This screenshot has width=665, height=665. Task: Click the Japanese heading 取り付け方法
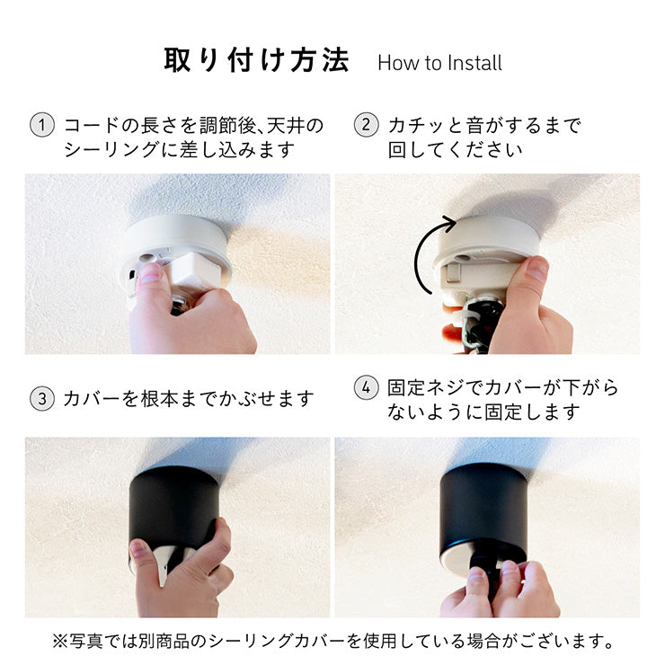(257, 60)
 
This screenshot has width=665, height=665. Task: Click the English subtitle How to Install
(439, 63)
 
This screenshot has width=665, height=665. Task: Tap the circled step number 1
(42, 125)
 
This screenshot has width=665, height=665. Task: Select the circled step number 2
(366, 125)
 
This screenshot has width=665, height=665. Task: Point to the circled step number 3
(42, 399)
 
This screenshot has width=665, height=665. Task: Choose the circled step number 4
(366, 387)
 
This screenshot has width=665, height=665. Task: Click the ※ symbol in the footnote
(59, 641)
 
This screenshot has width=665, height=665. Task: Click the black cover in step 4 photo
(483, 509)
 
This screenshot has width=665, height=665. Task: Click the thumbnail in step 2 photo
(537, 268)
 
